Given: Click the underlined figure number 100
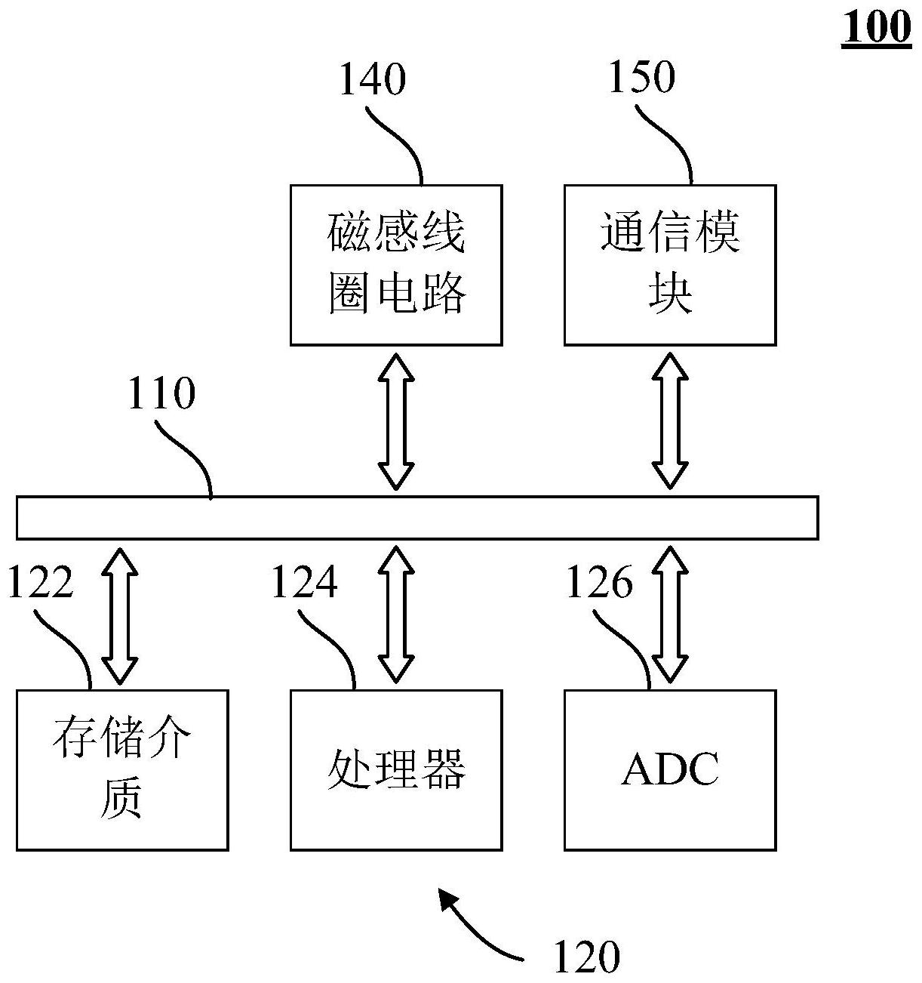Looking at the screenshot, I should (876, 29).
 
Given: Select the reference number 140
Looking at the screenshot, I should (372, 79).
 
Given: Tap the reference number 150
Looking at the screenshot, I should (641, 78).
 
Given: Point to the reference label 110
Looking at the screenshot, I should (161, 393).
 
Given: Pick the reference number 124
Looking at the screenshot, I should (304, 583).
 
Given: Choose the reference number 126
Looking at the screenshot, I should (598, 583).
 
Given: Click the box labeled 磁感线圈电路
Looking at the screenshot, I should (396, 265).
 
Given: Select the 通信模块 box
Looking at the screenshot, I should (670, 265).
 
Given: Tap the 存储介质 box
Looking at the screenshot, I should (122, 770).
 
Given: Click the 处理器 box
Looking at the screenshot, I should (396, 770).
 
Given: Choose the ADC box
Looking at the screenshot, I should (670, 770).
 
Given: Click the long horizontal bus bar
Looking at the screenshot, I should (416, 517).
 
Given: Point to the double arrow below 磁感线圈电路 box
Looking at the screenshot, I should (396, 420).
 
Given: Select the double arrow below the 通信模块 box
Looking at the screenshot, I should (670, 420).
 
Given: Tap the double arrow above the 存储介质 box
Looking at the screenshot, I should (121, 615).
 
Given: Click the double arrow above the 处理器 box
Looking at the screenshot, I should (396, 613).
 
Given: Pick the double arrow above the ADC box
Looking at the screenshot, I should (670, 613).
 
